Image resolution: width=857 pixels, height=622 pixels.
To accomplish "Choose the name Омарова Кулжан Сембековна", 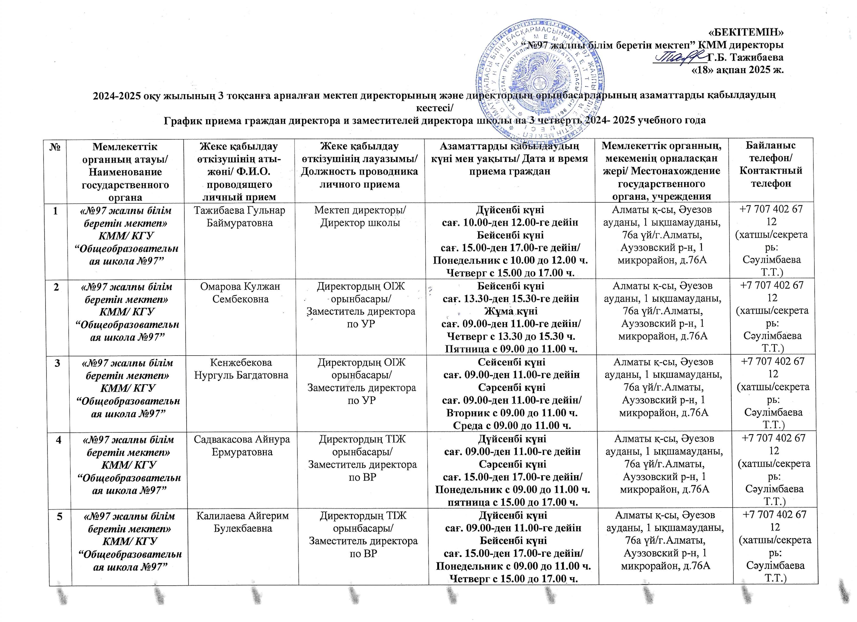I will pos(240,293).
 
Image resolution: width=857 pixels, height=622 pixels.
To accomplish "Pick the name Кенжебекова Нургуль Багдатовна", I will pos(241,369).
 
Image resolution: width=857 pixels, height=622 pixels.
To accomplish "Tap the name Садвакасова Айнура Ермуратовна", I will pos(242,446).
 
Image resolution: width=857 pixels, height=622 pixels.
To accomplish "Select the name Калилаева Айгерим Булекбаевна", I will pos(243,522).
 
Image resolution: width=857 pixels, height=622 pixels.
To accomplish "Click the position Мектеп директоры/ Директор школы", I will pos(360,216).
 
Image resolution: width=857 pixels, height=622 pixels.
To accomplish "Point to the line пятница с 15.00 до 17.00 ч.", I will pos(512,502).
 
